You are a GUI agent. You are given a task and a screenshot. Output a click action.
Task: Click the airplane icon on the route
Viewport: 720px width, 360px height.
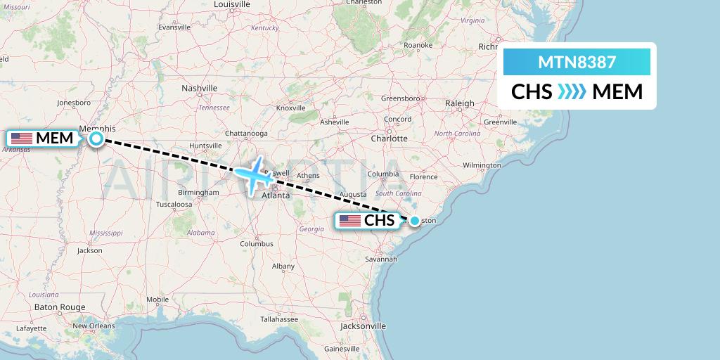pos(255,174)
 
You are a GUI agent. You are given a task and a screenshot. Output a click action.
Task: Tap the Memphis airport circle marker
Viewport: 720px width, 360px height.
pos(96,139)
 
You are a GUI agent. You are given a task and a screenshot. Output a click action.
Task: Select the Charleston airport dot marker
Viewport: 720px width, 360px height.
pos(415,221)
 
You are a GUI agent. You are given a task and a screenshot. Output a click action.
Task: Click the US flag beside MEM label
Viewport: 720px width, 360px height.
pos(22,139)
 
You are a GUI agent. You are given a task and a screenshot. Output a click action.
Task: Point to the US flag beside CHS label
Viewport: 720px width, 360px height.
pos(349,221)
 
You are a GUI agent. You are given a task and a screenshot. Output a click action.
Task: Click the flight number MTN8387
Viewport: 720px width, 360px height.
pos(577,63)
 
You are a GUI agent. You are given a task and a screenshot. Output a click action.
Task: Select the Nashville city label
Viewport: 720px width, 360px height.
pos(200,89)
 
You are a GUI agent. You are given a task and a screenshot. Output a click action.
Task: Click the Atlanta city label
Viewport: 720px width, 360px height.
pos(276,195)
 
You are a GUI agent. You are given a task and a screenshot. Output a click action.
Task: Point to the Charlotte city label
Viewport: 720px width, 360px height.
pos(390,139)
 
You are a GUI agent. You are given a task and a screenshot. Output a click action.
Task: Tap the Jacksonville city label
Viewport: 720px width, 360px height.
pos(363,326)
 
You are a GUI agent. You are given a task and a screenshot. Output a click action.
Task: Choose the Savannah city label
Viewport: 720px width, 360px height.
pos(381,259)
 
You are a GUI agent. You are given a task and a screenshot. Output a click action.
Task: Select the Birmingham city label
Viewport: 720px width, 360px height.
pos(198,192)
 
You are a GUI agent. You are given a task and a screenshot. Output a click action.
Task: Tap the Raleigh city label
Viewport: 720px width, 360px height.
pos(460,103)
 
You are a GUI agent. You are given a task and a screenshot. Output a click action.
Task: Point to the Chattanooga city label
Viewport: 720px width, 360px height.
pos(246,134)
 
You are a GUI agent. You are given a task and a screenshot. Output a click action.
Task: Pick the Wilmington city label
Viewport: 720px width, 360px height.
pos(482,165)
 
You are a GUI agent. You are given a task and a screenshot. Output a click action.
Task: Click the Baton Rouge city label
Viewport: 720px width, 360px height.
pos(60,307)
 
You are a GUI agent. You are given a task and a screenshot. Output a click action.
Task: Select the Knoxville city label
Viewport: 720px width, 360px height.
pos(290,108)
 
